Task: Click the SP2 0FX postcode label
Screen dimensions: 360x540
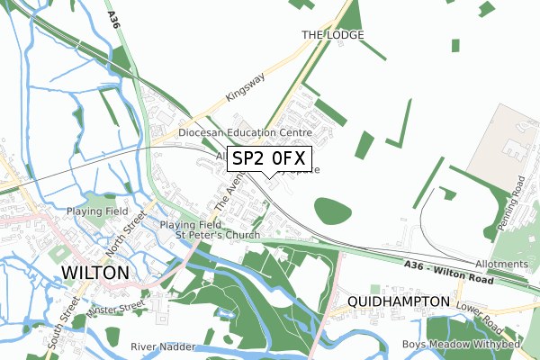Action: coord(270,160)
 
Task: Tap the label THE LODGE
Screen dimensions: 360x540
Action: coord(332,35)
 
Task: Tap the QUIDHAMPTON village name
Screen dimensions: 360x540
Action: coord(397,301)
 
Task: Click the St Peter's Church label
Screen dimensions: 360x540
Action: coord(217,236)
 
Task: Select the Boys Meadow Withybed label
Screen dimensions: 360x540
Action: coord(475,346)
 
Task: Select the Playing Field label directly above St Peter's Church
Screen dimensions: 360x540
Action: coord(190,224)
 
